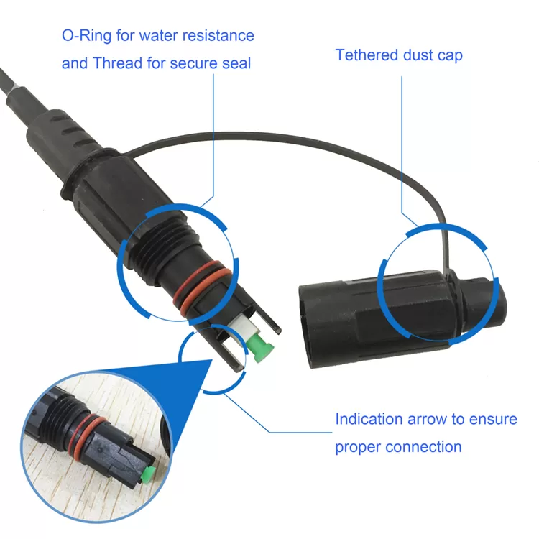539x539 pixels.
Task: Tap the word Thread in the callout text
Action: pyautogui.click(x=116, y=63)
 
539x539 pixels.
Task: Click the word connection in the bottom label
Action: pyautogui.click(x=424, y=447)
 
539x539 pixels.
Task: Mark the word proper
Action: pyautogui.click(x=357, y=448)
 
